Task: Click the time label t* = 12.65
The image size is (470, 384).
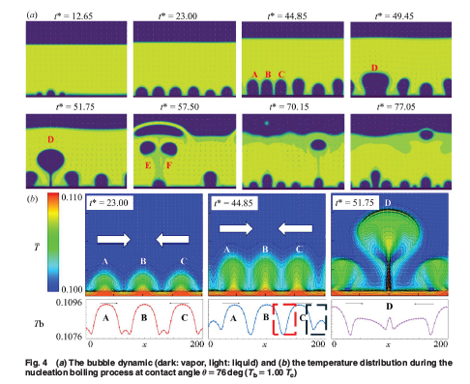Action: tap(73, 16)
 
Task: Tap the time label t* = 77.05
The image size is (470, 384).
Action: tap(397, 106)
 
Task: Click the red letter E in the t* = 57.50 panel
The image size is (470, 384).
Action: tap(148, 165)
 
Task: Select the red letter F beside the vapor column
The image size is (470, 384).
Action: tap(169, 165)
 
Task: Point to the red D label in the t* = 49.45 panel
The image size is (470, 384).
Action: tap(374, 68)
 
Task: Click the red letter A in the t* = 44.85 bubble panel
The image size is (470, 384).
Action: tap(254, 74)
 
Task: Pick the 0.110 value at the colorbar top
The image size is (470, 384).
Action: tap(72, 197)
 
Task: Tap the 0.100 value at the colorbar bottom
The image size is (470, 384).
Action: tap(72, 289)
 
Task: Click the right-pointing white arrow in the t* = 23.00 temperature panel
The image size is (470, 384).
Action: tap(114, 239)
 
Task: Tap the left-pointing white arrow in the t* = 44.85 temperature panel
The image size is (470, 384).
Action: tap(295, 229)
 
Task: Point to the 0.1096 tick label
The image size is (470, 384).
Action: tap(69, 303)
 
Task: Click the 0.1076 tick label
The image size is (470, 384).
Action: tap(69, 337)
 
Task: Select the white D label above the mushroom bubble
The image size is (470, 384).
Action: tap(388, 203)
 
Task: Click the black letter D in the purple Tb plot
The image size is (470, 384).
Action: tap(390, 306)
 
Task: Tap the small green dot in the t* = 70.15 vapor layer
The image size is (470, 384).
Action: tap(266, 123)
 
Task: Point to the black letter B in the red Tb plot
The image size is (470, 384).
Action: tap(144, 317)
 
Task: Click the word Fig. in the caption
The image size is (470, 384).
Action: tap(32, 363)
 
